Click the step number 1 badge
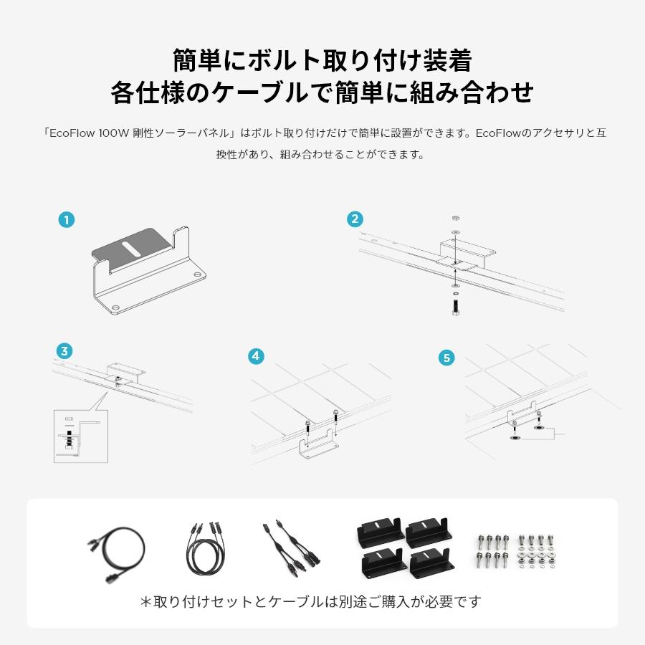pyautogui.click(x=67, y=220)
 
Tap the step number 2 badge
pyautogui.click(x=355, y=219)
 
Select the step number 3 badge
pyautogui.click(x=65, y=351)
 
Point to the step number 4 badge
pyautogui.click(x=257, y=356)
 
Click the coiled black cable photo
pyautogui.click(x=116, y=553)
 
